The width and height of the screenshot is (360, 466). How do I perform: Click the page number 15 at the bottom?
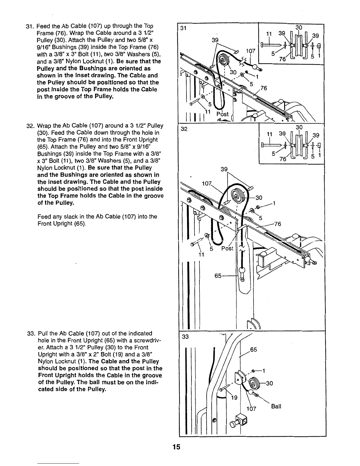click(x=176, y=447)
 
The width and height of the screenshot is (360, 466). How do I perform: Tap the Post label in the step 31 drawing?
click(x=223, y=114)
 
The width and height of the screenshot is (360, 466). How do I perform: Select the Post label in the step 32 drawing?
click(x=227, y=248)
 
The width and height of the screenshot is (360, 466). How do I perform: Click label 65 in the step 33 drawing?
click(x=253, y=350)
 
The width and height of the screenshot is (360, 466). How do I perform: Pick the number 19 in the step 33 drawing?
click(x=234, y=398)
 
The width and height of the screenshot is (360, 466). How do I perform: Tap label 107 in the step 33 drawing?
click(x=251, y=409)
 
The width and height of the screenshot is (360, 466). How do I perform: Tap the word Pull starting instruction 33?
click(x=43, y=333)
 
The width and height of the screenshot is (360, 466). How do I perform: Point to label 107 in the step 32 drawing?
click(x=207, y=184)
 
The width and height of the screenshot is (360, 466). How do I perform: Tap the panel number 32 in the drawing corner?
click(x=184, y=129)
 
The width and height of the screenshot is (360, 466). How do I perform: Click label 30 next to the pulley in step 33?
click(x=269, y=383)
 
